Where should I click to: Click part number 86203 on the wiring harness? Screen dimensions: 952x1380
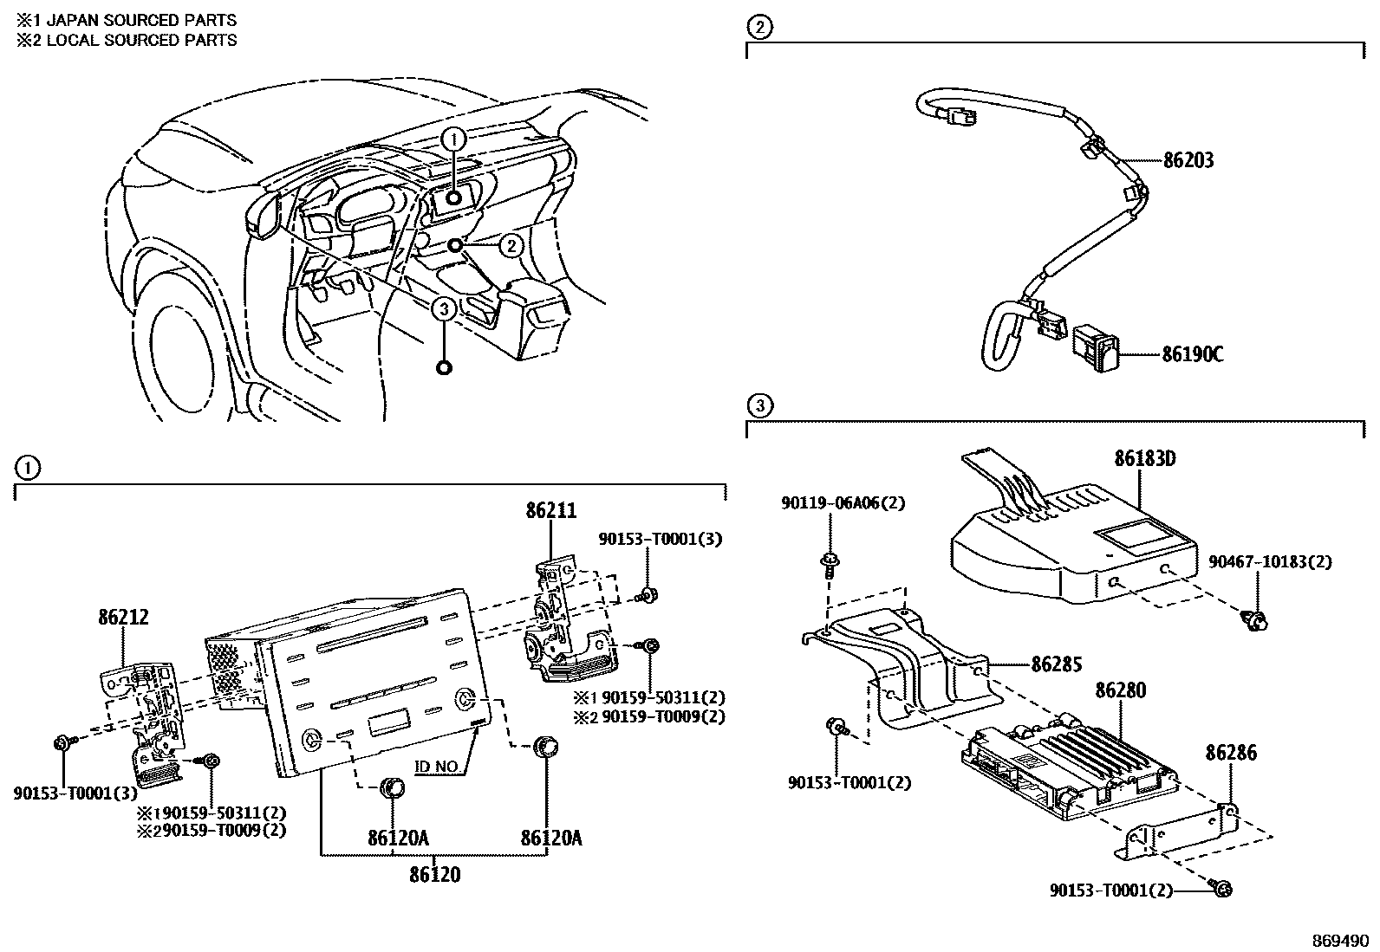tap(1188, 160)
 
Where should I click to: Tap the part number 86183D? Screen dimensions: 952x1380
tap(1145, 458)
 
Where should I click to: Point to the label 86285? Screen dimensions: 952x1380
tap(1057, 665)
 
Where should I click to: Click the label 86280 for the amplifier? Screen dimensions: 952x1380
tap(1120, 690)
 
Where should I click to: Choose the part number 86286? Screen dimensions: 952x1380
tap(1230, 753)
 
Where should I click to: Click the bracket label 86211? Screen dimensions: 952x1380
tap(550, 510)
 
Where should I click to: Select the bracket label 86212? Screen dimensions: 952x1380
tap(122, 617)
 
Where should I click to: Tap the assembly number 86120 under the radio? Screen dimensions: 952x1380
tap(434, 875)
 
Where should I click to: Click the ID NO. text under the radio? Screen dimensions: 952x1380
tap(439, 767)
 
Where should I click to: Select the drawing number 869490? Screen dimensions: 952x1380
tap(1340, 940)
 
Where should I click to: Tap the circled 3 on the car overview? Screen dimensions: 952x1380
tap(443, 308)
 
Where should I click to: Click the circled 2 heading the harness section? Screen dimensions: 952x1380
tap(758, 28)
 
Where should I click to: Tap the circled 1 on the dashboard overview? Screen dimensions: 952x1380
tap(456, 138)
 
